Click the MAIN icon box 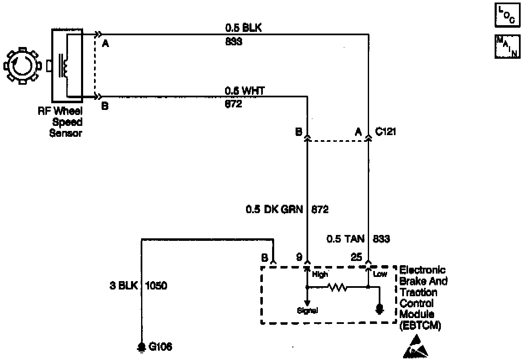(x=507, y=46)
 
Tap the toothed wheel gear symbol (x=21, y=66)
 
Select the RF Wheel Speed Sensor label (x=66, y=122)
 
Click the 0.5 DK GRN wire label (x=274, y=209)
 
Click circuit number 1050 (x=156, y=287)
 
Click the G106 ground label (x=160, y=347)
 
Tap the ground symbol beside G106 (x=142, y=347)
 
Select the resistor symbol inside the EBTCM (x=338, y=288)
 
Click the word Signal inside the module (x=307, y=311)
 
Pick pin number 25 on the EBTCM (x=356, y=257)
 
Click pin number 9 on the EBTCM (x=299, y=257)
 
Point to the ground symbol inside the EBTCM (x=380, y=310)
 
